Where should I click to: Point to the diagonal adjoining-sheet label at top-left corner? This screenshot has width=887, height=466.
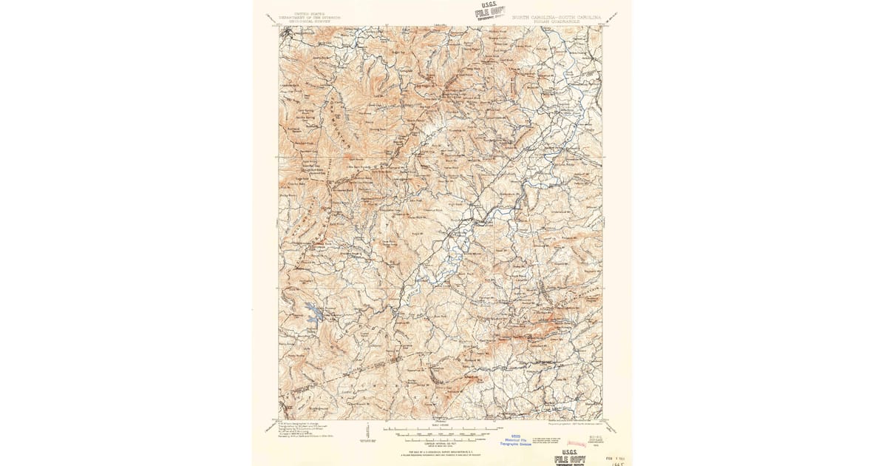[273, 20]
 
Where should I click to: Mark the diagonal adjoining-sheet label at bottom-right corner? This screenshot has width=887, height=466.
[611, 427]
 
